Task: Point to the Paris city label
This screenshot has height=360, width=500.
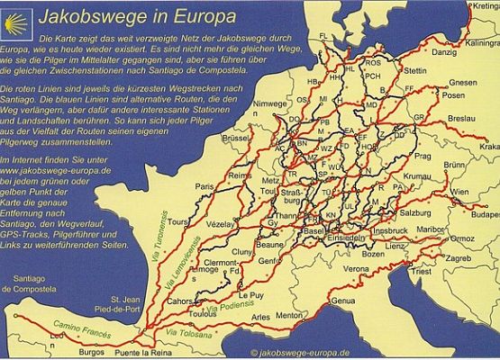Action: [205, 186]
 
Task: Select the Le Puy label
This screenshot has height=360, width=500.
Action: [249, 294]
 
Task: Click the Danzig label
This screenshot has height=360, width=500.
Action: [444, 52]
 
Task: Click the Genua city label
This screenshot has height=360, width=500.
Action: [343, 301]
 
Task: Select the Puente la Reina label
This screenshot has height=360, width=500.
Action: [144, 352]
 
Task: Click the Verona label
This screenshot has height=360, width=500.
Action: [357, 268]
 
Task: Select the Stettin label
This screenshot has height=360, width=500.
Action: [415, 70]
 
